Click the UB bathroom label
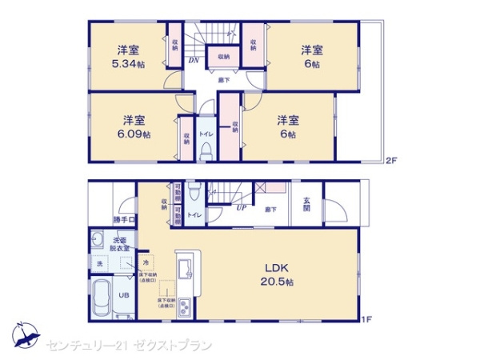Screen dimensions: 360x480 (124, 295)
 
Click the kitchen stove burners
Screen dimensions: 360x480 (184, 306)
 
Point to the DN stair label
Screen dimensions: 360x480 (193, 60)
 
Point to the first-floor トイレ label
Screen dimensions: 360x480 (194, 214)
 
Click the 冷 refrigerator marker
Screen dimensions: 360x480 (146, 261)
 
